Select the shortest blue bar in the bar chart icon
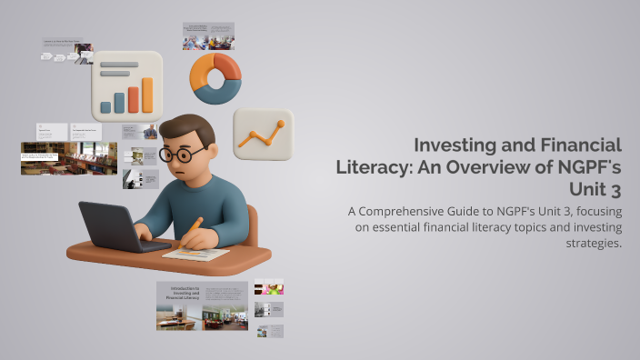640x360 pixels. click(x=105, y=107)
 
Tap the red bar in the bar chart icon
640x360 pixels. click(x=133, y=100)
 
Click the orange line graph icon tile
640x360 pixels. click(x=263, y=135)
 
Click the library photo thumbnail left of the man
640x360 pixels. click(x=69, y=157)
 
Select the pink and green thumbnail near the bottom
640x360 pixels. click(x=269, y=287)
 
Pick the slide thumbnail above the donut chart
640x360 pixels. click(x=208, y=36)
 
